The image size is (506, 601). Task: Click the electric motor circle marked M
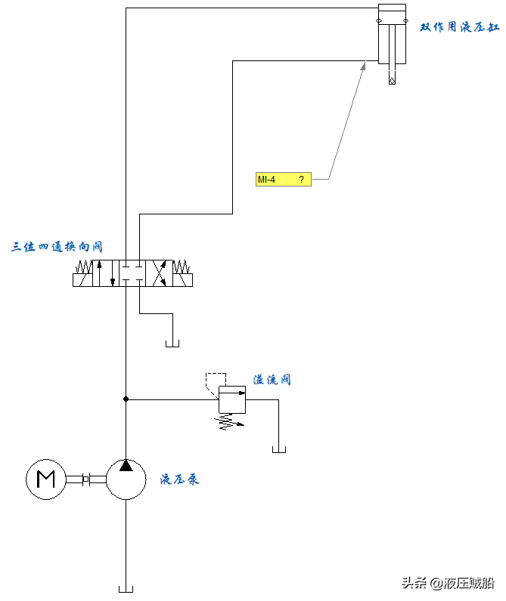pyautogui.click(x=46, y=479)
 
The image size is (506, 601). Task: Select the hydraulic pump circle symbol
pyautogui.click(x=126, y=479)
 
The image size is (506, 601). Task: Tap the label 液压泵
pyautogui.click(x=179, y=479)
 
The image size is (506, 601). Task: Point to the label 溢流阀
pyautogui.click(x=272, y=380)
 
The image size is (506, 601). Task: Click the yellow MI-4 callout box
pyautogui.click(x=283, y=180)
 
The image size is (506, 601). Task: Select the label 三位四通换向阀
pyautogui.click(x=57, y=247)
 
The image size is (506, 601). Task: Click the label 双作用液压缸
pyautogui.click(x=460, y=27)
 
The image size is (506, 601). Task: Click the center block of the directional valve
pyautogui.click(x=133, y=273)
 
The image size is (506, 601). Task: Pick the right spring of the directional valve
pyautogui.click(x=182, y=267)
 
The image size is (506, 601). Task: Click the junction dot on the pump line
pyautogui.click(x=126, y=399)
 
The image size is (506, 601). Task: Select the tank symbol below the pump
pyautogui.click(x=126, y=588)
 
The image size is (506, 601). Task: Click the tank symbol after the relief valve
pyautogui.click(x=278, y=450)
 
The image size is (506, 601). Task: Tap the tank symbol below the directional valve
pyautogui.click(x=172, y=344)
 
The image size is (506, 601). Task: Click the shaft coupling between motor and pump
pyautogui.click(x=86, y=479)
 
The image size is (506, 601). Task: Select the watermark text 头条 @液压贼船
pyautogui.click(x=448, y=583)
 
